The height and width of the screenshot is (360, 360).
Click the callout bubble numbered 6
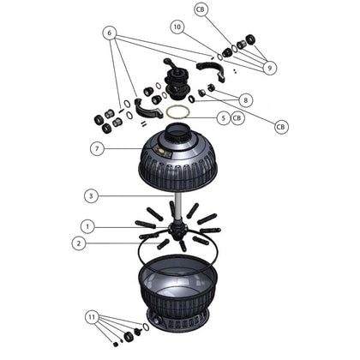pos(108,33)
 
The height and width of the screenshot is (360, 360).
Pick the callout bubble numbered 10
pos(177,27)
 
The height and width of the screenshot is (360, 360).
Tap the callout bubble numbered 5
pos(222,117)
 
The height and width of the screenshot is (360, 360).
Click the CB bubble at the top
pos(201,9)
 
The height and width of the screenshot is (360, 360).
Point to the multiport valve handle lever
pos(169,66)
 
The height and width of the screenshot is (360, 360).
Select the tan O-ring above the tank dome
pos(179,112)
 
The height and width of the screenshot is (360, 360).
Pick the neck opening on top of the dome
pos(181,130)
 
